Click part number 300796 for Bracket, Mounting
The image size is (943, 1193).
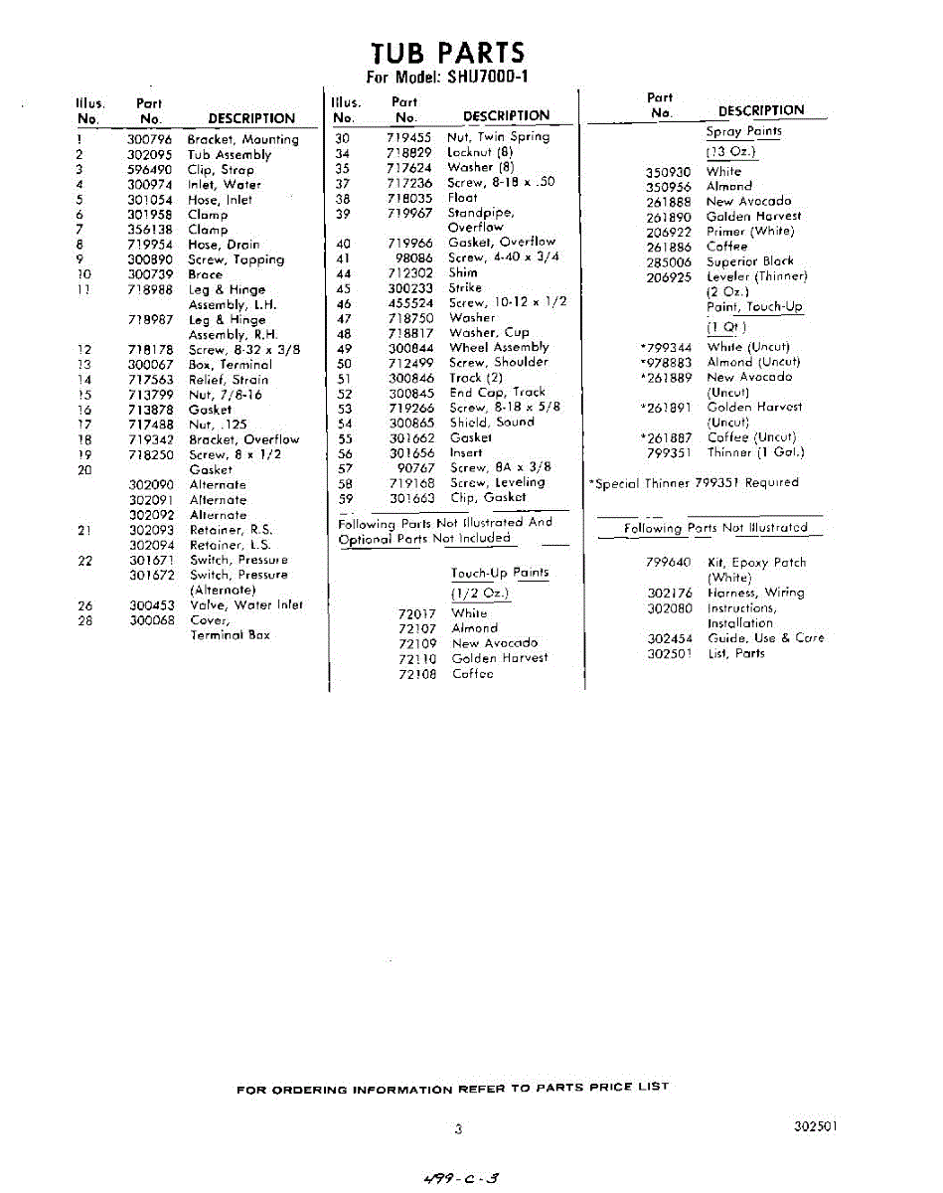(x=149, y=140)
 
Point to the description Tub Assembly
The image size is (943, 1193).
(x=229, y=155)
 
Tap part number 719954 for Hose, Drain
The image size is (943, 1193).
(x=149, y=245)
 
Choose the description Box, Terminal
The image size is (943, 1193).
(x=229, y=365)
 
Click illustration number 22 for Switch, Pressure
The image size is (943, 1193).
(x=85, y=561)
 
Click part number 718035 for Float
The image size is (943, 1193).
(x=409, y=198)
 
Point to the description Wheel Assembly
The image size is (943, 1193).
(x=499, y=348)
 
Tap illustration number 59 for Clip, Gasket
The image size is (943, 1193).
(x=346, y=498)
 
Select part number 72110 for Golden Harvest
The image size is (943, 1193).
(x=417, y=658)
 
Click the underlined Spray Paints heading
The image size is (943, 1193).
(x=743, y=131)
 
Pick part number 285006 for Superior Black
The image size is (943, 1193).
(x=668, y=261)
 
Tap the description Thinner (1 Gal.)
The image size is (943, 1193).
(x=755, y=452)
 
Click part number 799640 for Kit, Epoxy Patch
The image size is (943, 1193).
(x=668, y=563)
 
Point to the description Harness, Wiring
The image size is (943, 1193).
(x=755, y=593)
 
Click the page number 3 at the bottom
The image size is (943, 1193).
(x=458, y=1128)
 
